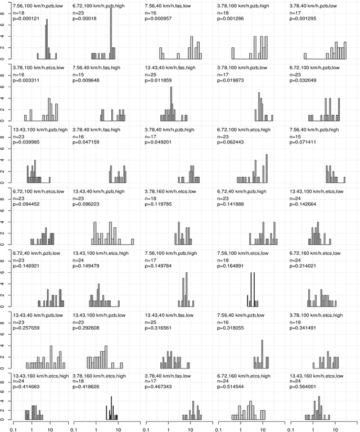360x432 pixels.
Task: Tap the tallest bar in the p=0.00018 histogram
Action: [x=111, y=33]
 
